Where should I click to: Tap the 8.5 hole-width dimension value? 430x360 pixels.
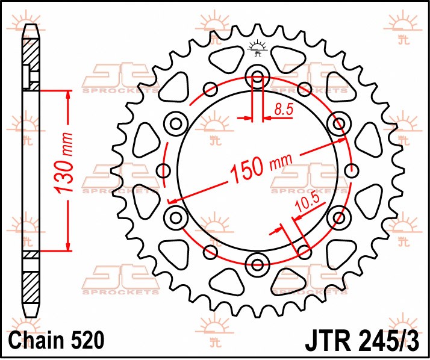[284, 110]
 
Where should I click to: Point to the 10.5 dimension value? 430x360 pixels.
[306, 204]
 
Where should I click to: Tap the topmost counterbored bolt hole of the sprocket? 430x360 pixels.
[258, 77]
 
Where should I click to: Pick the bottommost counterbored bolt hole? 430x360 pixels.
[258, 263]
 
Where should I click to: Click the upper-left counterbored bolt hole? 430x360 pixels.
[176, 124]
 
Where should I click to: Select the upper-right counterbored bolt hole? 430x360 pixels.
[338, 124]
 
